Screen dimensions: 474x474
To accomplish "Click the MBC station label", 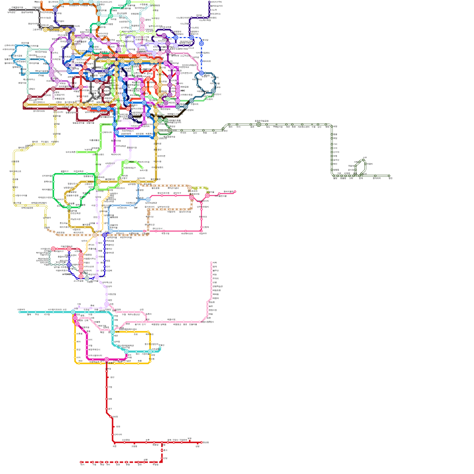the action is click(x=182, y=91).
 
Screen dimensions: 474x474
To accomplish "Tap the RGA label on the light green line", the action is click(x=132, y=162).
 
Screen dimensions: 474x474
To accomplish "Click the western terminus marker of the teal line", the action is click(x=20, y=312).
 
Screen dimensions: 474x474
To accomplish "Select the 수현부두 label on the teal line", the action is click(x=21, y=310).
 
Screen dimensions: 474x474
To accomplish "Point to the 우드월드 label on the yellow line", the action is click(x=45, y=142).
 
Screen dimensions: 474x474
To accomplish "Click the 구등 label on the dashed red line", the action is click(x=94, y=465).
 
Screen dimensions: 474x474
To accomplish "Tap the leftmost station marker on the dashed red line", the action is click(x=81, y=462).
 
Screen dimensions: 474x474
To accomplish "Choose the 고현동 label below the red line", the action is click(x=134, y=446).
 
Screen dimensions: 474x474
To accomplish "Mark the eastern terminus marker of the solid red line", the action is click(x=201, y=442).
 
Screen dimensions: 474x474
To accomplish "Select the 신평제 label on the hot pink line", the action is click(x=206, y=227).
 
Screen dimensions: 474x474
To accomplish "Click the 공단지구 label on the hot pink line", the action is click(x=177, y=193).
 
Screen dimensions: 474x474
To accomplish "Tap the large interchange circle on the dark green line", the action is click(x=259, y=124).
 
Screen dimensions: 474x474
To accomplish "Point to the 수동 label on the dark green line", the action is click(x=313, y=127).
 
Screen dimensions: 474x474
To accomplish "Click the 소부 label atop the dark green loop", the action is click(x=365, y=157).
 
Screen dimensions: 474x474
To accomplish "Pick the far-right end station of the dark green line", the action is click(x=389, y=176).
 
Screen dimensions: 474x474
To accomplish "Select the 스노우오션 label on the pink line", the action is click(x=185, y=56).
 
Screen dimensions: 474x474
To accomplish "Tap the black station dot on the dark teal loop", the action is click(x=205, y=93).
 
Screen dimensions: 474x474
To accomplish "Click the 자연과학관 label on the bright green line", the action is click(x=79, y=171).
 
